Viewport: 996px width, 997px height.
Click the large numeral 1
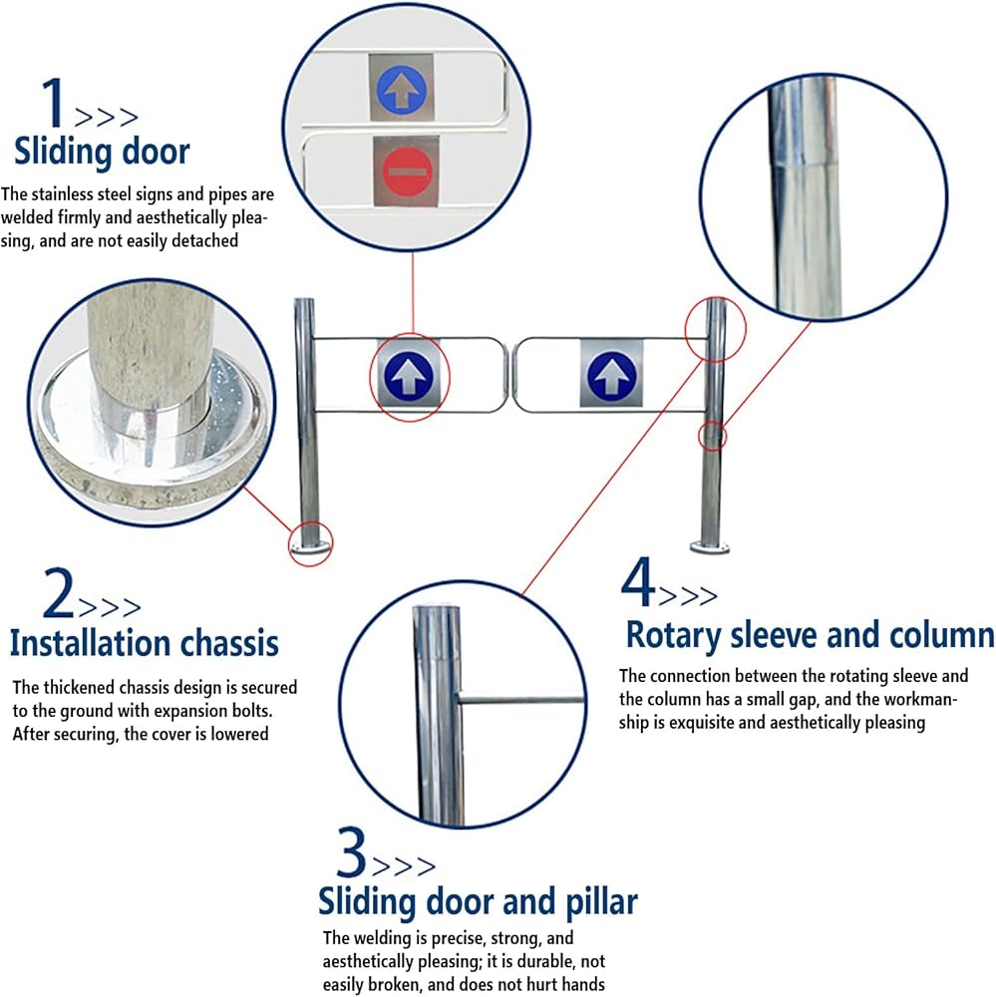pos(55,103)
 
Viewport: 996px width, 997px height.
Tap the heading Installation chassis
pos(145,642)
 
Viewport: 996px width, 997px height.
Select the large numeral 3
pos(351,852)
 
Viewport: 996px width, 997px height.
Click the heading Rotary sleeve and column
pos(810,635)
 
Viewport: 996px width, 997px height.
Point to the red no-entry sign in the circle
pos(407,170)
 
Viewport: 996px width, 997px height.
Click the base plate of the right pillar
pos(710,546)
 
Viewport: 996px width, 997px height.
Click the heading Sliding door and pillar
pos(478,901)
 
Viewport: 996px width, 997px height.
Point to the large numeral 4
pos(637,582)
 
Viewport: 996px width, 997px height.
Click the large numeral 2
pos(59,593)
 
